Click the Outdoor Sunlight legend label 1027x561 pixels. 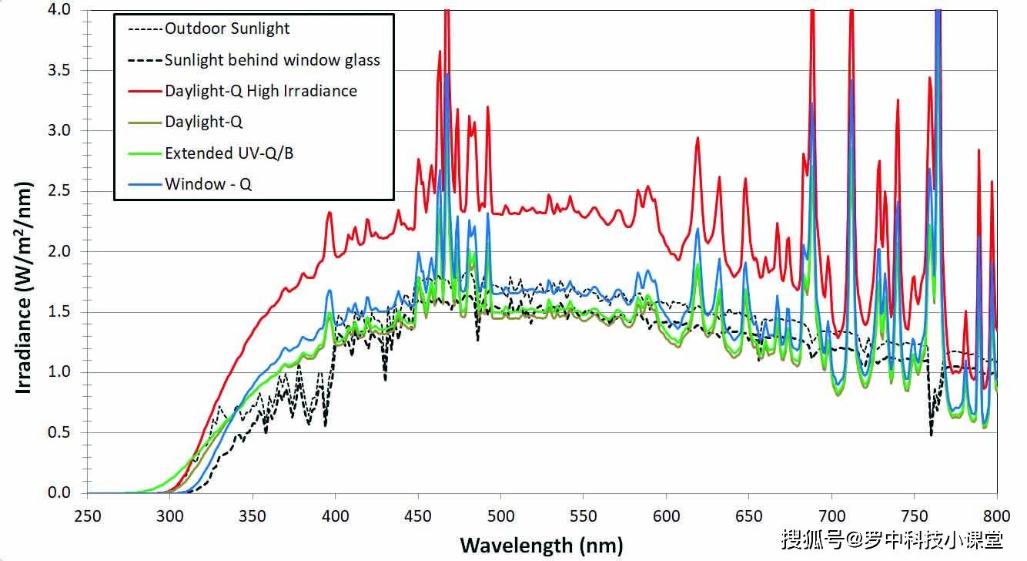227,29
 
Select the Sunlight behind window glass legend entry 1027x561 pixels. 273,60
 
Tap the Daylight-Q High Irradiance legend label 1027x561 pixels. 261,91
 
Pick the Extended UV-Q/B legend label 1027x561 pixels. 229,153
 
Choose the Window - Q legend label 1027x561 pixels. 209,184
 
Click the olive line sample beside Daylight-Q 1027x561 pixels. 145,123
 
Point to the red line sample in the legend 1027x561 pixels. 145,92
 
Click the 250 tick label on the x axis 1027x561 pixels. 87,516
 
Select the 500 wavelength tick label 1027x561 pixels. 500,516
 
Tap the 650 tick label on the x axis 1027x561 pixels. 749,516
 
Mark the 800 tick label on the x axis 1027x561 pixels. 997,516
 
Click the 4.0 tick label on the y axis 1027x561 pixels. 59,9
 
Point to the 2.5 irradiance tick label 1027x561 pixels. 59,190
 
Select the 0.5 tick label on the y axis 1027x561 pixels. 59,432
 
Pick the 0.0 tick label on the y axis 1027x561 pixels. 59,493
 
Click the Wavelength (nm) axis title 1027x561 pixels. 541,546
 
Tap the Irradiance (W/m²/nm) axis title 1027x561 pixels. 24,288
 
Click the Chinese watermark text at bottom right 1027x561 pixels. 892,539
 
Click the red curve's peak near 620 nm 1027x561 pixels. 697,138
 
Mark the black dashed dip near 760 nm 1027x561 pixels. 931,434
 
